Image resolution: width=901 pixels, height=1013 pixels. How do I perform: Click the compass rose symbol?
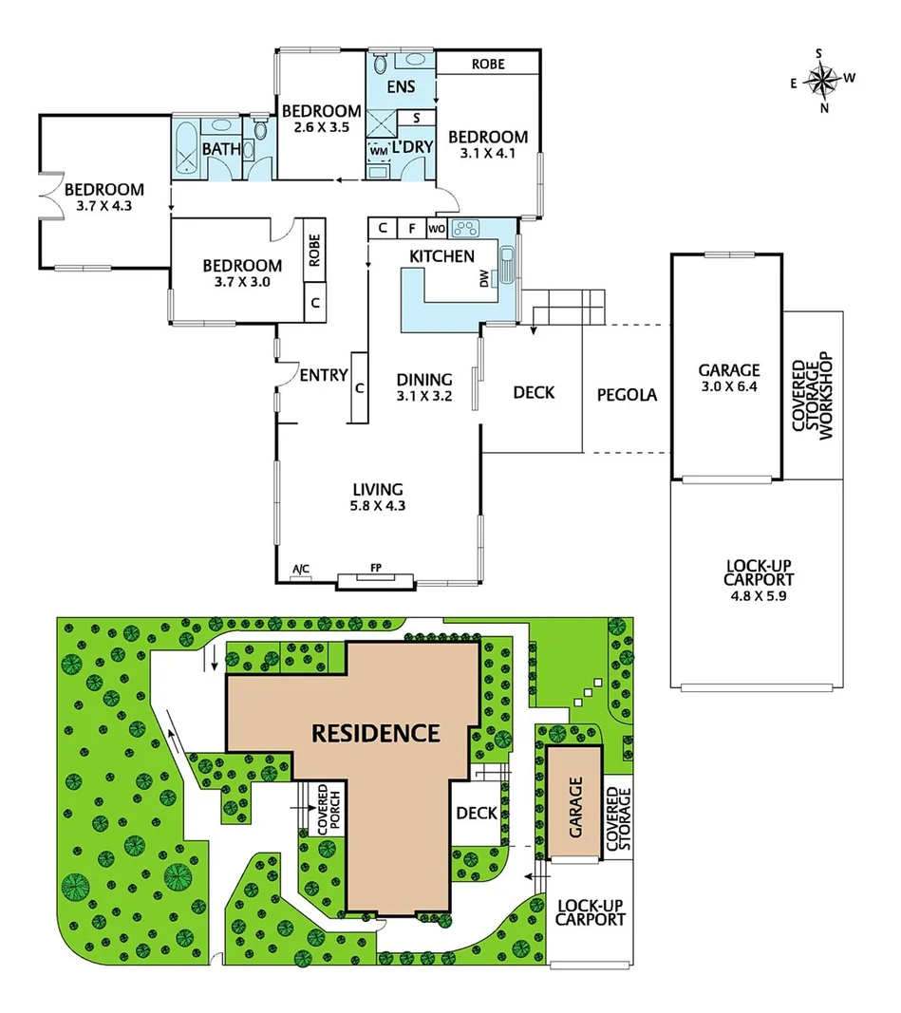[823, 80]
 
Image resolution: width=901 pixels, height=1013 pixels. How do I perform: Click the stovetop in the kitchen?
[467, 228]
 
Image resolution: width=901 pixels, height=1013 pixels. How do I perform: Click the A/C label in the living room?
[301, 570]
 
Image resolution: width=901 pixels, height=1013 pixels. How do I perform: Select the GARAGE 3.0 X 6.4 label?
[729, 378]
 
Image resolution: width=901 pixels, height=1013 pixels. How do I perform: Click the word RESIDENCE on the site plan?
[376, 733]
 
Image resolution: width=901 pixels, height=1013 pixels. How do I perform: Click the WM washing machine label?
[377, 151]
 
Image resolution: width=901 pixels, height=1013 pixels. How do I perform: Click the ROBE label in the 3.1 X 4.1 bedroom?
[488, 65]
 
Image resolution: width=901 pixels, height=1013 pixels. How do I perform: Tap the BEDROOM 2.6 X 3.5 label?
[321, 119]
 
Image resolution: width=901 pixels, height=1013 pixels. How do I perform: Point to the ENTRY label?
[323, 376]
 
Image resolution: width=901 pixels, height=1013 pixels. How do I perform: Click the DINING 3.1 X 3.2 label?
[423, 387]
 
